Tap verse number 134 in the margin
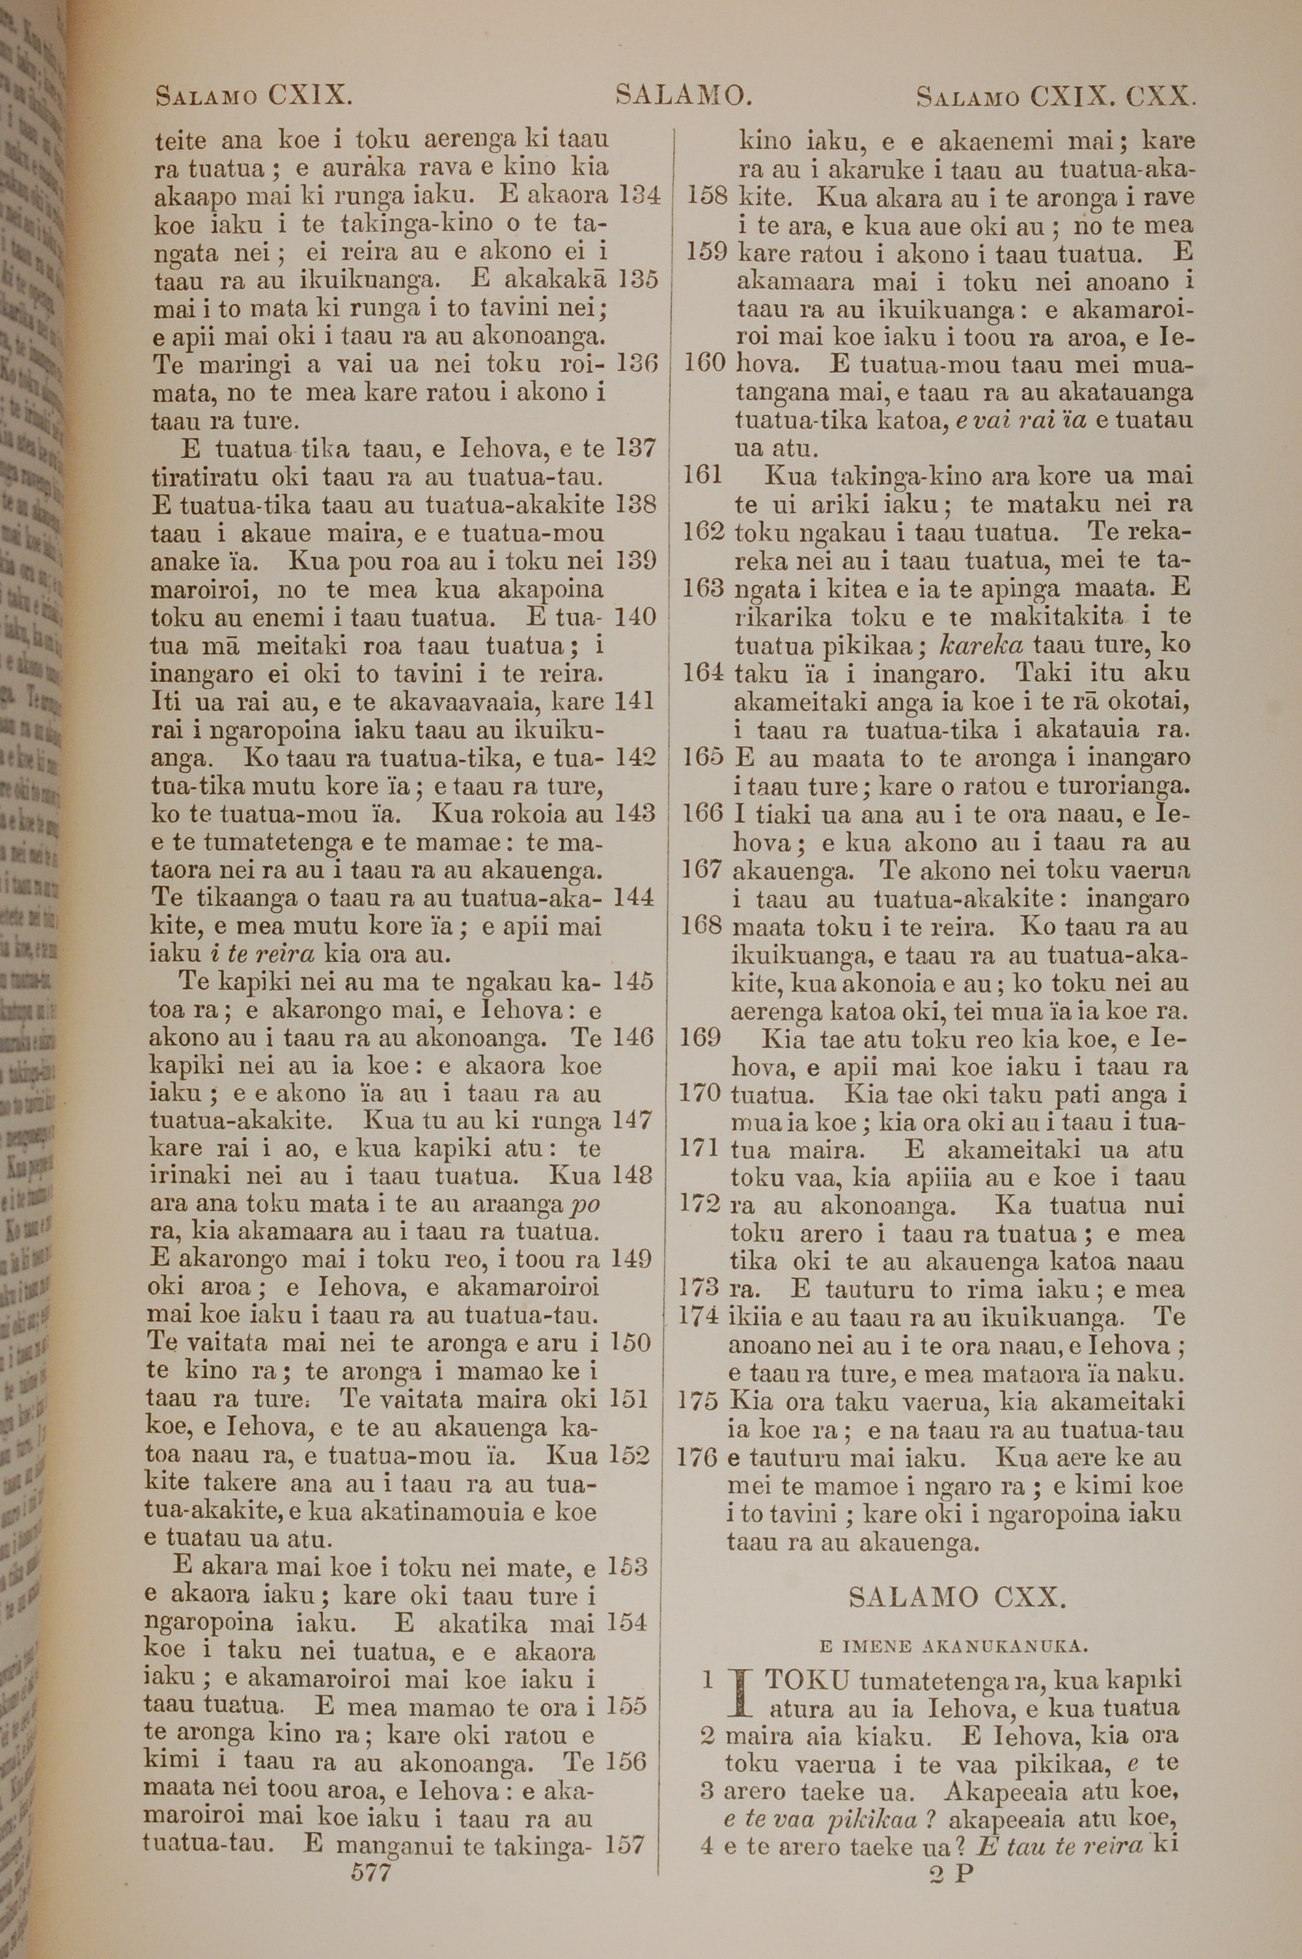[639, 196]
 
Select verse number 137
[635, 449]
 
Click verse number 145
[634, 981]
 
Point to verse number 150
[630, 1343]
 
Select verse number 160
[705, 364]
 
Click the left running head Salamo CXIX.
[254, 96]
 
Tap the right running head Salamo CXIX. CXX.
[1055, 97]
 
